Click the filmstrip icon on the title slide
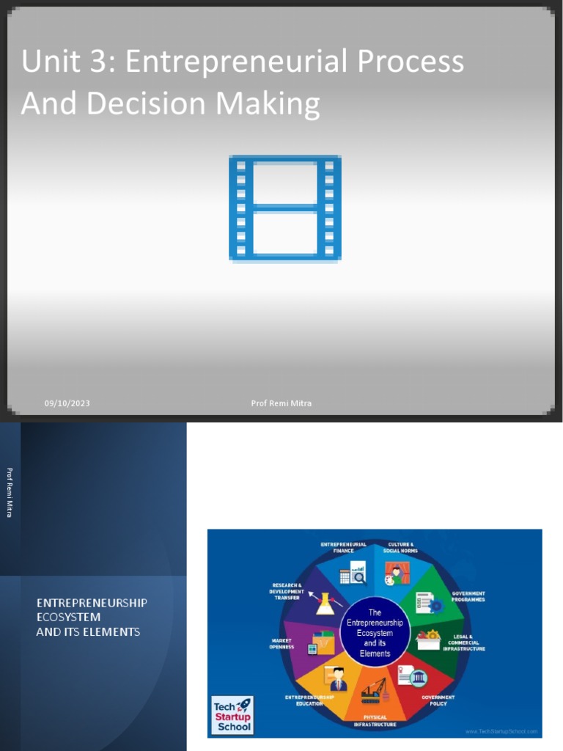[x=284, y=208]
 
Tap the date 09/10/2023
[x=67, y=403]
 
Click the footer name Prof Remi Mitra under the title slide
[x=281, y=403]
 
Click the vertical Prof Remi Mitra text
[x=10, y=492]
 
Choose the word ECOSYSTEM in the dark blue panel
[x=68, y=618]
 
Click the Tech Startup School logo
[x=232, y=715]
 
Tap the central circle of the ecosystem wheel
[x=375, y=632]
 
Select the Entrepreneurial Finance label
[x=343, y=547]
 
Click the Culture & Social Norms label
[x=400, y=547]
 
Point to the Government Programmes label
[x=468, y=596]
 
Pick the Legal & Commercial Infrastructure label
[x=463, y=643]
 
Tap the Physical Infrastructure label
[x=375, y=721]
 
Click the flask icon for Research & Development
[x=324, y=604]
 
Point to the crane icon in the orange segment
[x=375, y=690]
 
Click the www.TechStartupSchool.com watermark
[x=502, y=731]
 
